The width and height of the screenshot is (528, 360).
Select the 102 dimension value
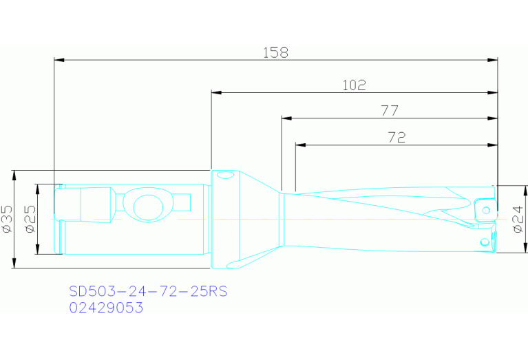[x=354, y=85]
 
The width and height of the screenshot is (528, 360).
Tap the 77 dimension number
[x=389, y=111]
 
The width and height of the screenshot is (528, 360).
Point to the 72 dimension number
[x=396, y=138]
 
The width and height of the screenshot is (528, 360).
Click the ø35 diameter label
[x=7, y=218]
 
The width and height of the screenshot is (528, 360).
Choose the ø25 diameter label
[x=30, y=218]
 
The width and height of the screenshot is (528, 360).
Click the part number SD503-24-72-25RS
[x=148, y=292]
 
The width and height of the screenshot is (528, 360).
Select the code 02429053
[x=106, y=308]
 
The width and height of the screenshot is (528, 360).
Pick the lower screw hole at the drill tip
[x=485, y=241]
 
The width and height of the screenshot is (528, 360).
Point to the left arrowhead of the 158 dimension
[x=59, y=61]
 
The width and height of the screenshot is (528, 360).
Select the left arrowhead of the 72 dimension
[x=299, y=145]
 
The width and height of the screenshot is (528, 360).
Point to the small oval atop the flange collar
[x=225, y=176]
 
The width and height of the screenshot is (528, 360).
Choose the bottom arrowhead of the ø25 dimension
[x=38, y=249]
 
